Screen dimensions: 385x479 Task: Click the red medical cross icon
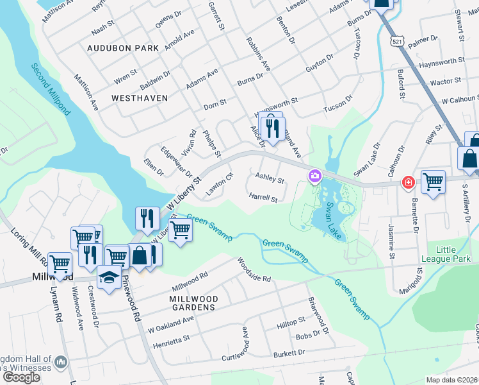pos(407,184)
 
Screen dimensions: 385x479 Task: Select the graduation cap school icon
pos(109,278)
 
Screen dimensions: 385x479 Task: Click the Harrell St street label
pos(263,198)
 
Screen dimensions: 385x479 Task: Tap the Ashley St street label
pos(270,177)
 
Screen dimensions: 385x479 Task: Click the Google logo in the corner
pos(22,377)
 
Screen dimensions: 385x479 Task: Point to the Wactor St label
pos(446,82)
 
